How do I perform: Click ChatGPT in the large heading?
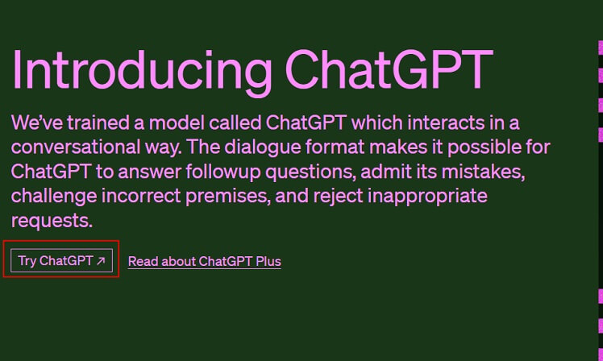389,69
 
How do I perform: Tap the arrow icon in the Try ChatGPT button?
101,261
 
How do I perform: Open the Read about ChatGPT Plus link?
205,261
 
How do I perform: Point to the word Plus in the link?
268,261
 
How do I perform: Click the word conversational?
76,147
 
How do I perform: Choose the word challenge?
54,197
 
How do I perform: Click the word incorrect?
141,196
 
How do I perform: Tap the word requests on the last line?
52,222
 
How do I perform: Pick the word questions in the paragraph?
310,172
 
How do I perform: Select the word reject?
338,197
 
